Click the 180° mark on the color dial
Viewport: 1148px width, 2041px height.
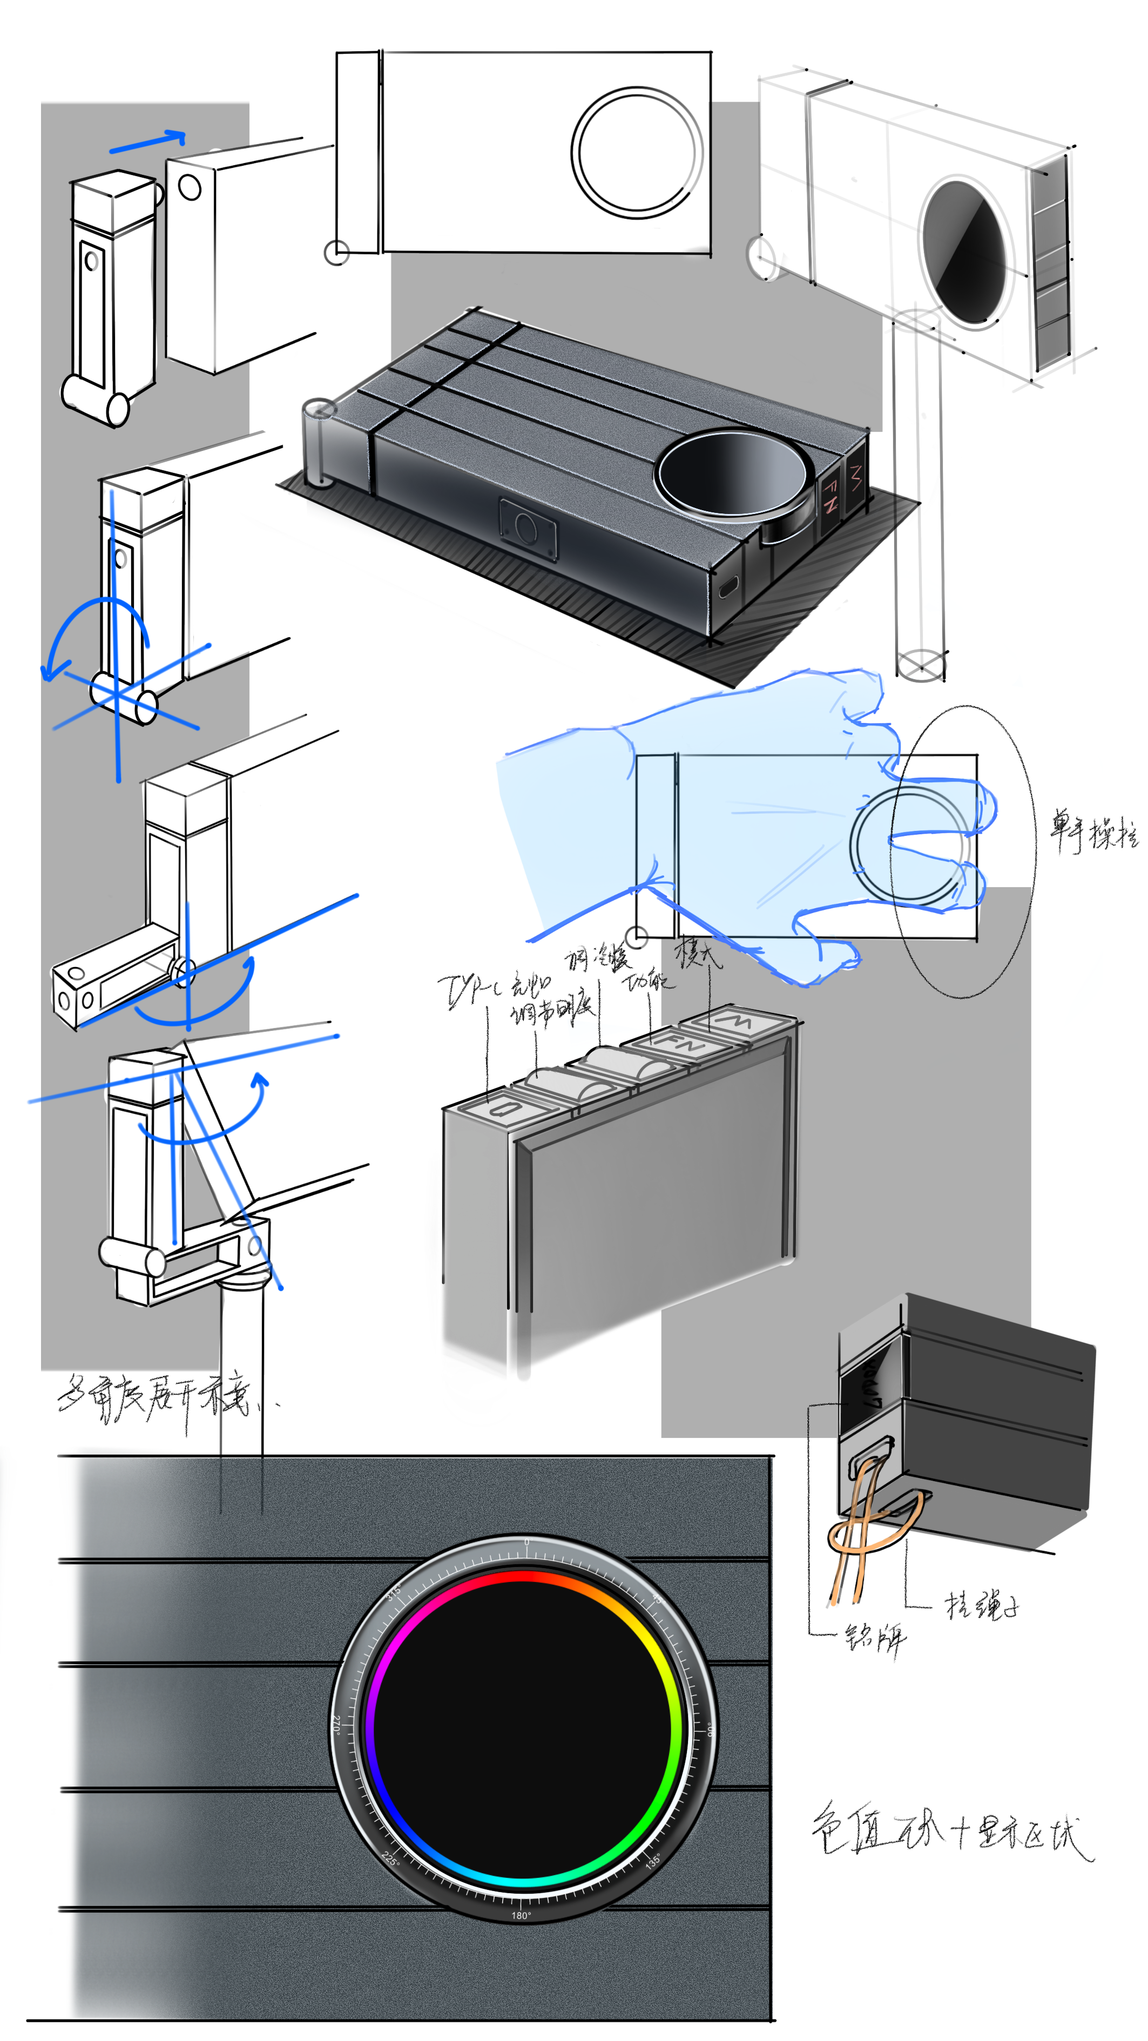coord(521,1916)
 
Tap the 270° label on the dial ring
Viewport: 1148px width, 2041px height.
coord(336,1725)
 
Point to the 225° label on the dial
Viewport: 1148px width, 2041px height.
coord(390,1858)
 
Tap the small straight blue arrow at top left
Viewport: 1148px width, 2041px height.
coord(148,142)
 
